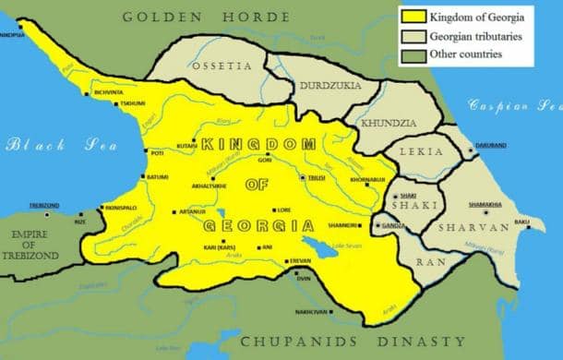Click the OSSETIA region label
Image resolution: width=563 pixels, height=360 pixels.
222,66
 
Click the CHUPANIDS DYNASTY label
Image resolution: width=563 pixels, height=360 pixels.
353,342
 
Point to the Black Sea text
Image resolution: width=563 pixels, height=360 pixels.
43,145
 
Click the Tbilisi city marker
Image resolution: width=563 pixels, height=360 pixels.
304,177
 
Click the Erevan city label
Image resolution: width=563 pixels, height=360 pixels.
301,261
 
